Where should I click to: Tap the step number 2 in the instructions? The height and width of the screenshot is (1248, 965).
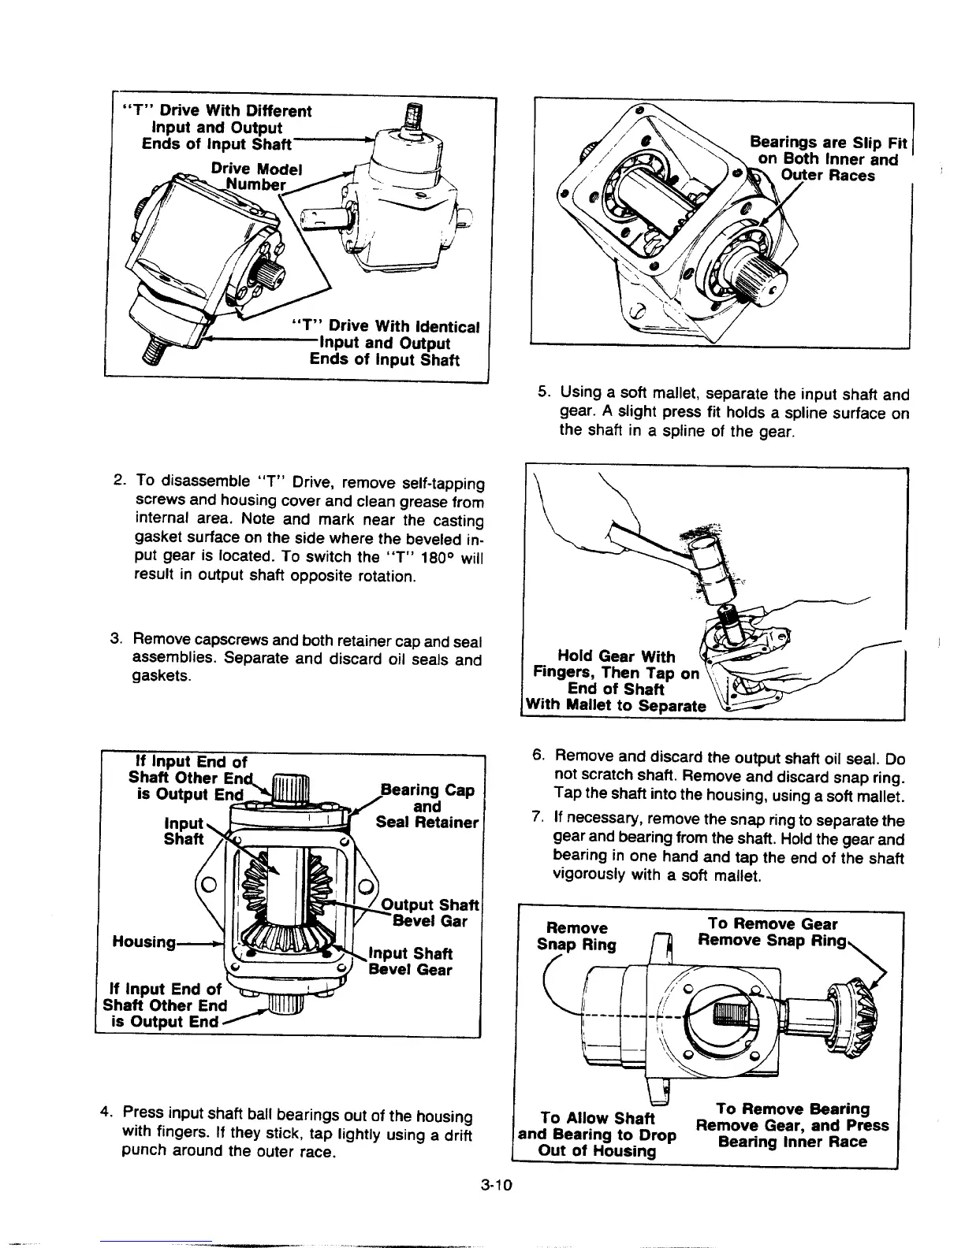click(x=117, y=481)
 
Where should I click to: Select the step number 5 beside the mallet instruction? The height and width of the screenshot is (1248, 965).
click(x=542, y=392)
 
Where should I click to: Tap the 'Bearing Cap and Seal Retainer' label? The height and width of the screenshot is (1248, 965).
click(x=427, y=807)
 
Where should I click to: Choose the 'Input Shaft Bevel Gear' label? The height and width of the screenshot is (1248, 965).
click(x=412, y=961)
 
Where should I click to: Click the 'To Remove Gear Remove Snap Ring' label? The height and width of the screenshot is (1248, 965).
click(x=773, y=932)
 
